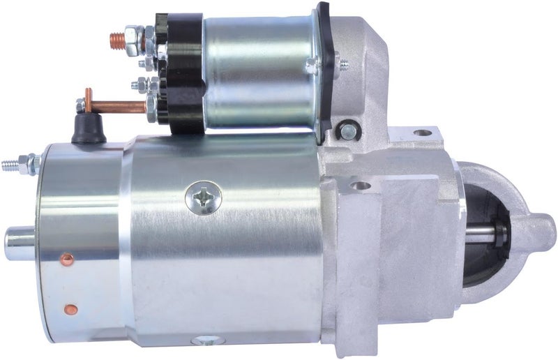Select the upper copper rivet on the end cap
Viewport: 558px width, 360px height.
[66, 259]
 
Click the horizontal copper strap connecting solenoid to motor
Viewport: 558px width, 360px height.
[115, 106]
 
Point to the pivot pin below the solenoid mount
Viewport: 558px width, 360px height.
[346, 130]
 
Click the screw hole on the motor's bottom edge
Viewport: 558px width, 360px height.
[201, 340]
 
